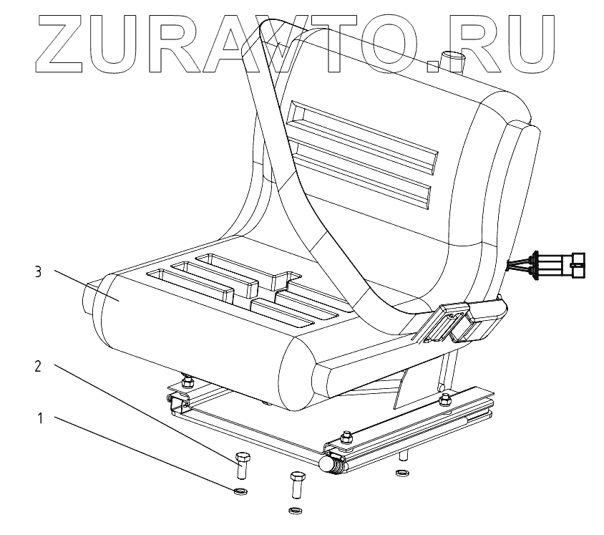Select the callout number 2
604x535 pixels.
[x=40, y=366]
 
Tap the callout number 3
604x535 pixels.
[x=40, y=272]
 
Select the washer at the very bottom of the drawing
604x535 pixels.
[x=293, y=511]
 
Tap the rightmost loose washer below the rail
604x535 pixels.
[x=400, y=473]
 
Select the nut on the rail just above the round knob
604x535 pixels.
[x=346, y=435]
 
